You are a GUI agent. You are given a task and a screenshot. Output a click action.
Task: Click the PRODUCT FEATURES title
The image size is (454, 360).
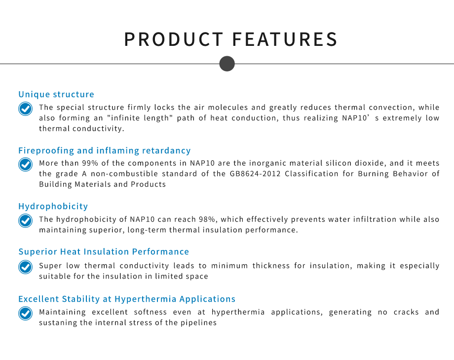tap(231, 39)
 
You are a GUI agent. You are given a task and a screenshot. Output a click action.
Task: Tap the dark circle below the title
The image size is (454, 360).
tap(227, 64)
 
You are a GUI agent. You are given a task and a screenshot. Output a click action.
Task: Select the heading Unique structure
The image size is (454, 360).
tap(56, 94)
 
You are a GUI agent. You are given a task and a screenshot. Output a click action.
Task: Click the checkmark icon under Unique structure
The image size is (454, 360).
tap(26, 109)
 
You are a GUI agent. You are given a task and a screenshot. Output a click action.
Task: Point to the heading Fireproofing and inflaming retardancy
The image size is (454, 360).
tap(105, 150)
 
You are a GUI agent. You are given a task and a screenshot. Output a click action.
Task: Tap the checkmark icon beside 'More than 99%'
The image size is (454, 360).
tap(26, 165)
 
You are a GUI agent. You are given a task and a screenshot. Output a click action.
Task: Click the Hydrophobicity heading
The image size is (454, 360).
tap(53, 206)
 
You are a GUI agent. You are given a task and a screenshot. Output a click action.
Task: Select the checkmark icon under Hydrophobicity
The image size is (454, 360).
tap(26, 221)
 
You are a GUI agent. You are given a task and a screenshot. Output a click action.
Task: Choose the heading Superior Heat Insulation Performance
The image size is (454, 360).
tap(104, 252)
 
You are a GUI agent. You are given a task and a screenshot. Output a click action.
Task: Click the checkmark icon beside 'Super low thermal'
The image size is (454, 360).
tap(26, 267)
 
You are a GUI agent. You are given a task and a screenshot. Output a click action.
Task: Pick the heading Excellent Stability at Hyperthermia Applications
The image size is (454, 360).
tap(127, 299)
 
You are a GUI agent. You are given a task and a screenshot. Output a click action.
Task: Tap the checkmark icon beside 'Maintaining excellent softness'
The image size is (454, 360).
tap(26, 314)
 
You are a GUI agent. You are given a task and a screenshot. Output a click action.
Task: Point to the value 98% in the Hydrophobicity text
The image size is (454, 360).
tap(207, 219)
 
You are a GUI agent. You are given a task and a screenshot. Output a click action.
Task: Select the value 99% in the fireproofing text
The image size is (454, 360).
tap(90, 163)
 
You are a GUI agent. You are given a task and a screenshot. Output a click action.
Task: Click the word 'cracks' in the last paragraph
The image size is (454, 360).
tap(406, 312)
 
